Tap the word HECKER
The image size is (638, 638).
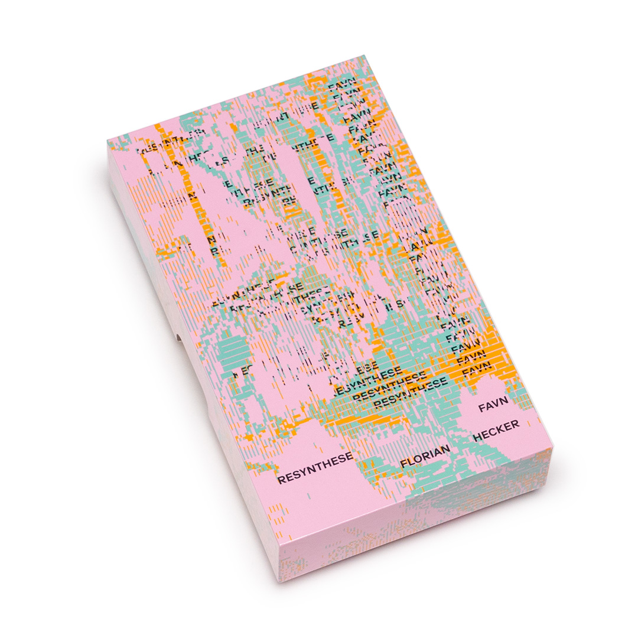496,431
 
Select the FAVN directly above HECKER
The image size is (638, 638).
494,404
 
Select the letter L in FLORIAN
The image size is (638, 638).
410,462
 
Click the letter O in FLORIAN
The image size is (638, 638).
418,459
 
